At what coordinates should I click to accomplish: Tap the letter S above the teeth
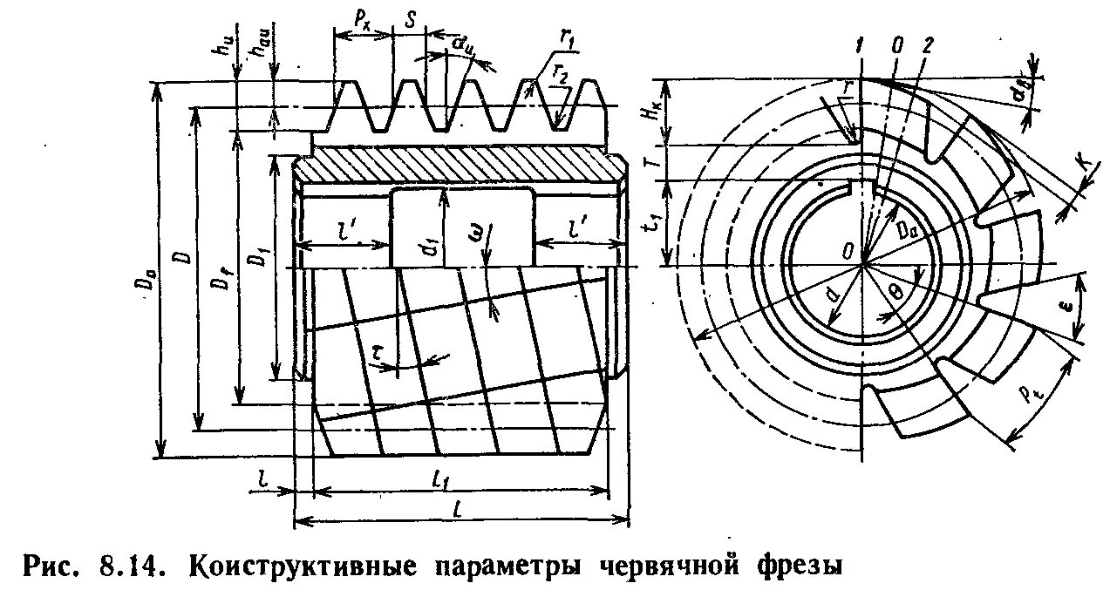[410, 17]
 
